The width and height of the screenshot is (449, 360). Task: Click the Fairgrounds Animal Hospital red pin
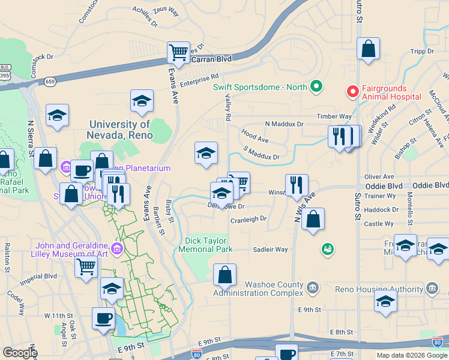[x=352, y=92]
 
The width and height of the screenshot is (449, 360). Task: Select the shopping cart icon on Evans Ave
[x=178, y=53]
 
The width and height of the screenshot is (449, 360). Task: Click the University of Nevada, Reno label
[x=119, y=130]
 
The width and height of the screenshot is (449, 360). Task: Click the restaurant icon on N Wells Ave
[x=297, y=185]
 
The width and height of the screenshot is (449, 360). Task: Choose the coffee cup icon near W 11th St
[x=103, y=318]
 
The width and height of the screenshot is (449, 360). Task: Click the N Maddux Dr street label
[x=285, y=124]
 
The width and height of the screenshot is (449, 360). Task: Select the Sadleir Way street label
[x=270, y=250]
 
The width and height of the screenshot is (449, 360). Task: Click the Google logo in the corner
[x=19, y=353]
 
